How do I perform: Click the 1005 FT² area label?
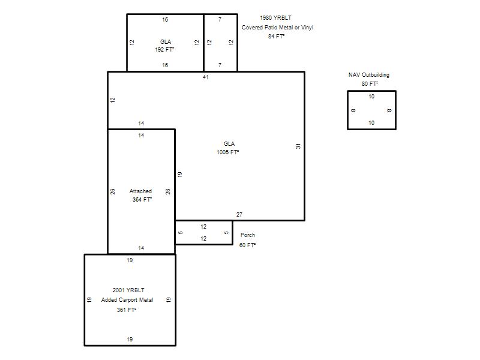point(228,152)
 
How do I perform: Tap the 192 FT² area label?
point(164,50)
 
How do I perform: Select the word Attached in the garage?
point(140,191)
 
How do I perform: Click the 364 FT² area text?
point(142,200)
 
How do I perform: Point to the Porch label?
point(248,235)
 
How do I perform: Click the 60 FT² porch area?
point(247,245)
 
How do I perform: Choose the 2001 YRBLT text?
point(128,290)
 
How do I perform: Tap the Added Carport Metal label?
point(127,300)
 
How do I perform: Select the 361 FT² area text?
point(126,310)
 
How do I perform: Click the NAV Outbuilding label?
point(369,75)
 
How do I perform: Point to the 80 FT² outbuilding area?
point(370,84)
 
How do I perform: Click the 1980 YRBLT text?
point(275,18)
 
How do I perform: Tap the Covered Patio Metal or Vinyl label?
point(277,28)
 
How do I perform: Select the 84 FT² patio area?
point(276,37)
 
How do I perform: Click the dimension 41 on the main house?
point(206,77)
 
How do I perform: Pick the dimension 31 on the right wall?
point(298,146)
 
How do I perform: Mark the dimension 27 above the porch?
point(239,215)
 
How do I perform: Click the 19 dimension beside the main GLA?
point(180,174)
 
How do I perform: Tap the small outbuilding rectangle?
point(347,110)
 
